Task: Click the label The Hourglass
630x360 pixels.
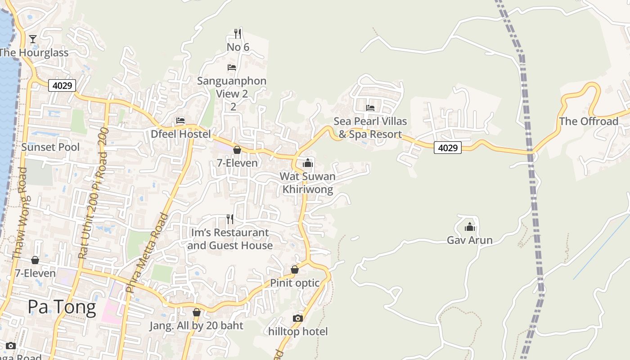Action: [34, 53]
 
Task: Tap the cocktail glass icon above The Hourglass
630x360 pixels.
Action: [33, 39]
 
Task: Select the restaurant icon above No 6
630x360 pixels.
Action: [238, 34]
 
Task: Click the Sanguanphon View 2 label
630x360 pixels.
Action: [232, 87]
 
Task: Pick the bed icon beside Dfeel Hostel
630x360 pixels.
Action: [180, 121]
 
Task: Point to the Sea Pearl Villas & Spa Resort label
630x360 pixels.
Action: [370, 128]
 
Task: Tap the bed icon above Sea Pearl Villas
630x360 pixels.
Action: [370, 108]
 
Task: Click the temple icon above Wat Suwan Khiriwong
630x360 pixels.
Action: [308, 163]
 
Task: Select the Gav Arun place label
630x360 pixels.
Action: [469, 240]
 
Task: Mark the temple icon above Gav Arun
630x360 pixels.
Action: [470, 227]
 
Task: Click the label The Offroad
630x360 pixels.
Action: [589, 121]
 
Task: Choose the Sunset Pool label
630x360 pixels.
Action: [50, 147]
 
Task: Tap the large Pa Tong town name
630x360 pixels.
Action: [62, 307]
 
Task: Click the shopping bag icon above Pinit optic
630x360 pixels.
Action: [295, 270]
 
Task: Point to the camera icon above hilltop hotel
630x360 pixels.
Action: [297, 319]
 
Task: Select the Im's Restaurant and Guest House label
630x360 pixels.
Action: [230, 239]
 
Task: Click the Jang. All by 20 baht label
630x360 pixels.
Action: [196, 326]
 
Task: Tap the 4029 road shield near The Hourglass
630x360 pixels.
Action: [62, 85]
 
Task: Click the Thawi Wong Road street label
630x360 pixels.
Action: [21, 213]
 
